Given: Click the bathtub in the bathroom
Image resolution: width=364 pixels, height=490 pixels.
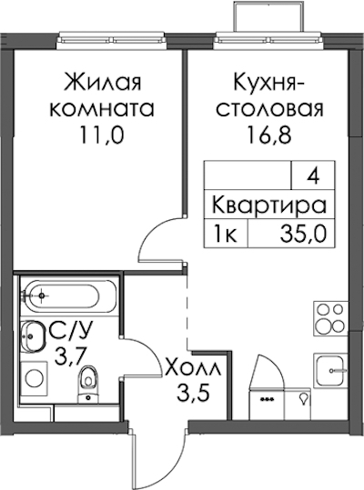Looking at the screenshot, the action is coord(68,295).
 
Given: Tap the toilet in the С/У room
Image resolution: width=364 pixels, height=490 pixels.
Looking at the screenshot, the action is coord(88,383).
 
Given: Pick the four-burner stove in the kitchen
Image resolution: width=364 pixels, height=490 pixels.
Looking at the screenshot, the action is coord(330,318).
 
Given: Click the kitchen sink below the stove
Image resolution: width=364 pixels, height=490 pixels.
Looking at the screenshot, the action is coord(330,370).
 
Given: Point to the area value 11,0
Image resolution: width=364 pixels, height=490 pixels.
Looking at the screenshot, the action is coord(102,135).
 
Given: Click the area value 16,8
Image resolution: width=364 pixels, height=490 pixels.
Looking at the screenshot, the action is coord(269,135).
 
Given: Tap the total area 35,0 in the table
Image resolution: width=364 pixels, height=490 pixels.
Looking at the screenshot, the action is coord(303,234).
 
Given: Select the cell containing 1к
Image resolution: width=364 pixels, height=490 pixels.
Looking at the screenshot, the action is coord(226,234).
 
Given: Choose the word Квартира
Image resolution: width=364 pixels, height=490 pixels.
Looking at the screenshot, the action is coord(269,205).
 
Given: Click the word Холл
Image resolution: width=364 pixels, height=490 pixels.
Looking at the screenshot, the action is coord(193,370).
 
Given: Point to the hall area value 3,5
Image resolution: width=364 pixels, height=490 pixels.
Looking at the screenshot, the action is coord(192,394).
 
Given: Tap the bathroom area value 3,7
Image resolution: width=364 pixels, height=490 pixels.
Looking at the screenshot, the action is coord(69,356).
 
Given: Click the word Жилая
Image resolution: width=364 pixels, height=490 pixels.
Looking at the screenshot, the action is coord(102,82).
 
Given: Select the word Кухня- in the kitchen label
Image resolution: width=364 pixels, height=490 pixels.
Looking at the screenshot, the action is coord(269,83).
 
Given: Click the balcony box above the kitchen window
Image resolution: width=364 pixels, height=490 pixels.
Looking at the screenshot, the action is coord(269,16).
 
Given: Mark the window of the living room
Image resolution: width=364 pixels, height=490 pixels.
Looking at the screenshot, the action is coord(112,40).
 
